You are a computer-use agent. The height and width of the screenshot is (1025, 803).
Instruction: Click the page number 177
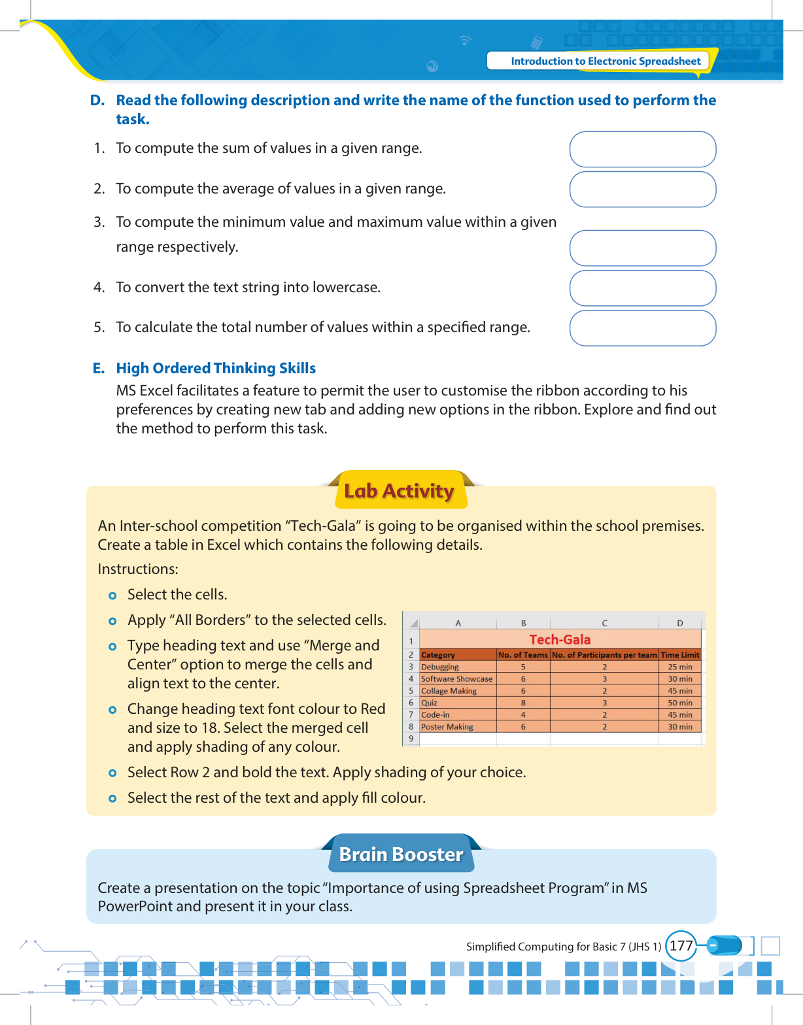[681, 946]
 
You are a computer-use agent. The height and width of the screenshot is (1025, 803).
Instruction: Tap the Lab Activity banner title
[399, 491]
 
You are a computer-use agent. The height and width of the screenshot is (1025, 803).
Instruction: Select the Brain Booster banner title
[401, 854]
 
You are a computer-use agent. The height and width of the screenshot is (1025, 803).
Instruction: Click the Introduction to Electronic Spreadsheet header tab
[605, 61]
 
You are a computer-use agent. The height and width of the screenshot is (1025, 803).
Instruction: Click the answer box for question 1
[643, 149]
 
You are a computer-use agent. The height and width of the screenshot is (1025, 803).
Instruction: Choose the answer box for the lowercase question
[643, 288]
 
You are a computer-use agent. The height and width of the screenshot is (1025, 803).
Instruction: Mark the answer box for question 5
[643, 328]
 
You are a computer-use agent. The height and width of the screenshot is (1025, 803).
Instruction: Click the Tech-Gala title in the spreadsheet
[560, 639]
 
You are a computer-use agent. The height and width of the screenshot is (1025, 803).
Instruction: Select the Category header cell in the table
[438, 655]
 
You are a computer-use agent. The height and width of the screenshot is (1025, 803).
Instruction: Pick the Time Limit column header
[679, 655]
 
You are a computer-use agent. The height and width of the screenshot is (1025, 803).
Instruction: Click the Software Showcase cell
[456, 679]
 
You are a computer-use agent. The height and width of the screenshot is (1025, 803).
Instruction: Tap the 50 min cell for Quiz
[679, 703]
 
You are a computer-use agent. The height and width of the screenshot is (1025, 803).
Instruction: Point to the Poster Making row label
[447, 727]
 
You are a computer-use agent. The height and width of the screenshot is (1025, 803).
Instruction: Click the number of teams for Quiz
[523, 703]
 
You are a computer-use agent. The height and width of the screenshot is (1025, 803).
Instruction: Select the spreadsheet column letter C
[604, 623]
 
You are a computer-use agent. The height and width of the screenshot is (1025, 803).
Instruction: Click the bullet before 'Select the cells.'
[112, 596]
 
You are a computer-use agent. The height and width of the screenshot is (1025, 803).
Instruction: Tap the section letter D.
[97, 100]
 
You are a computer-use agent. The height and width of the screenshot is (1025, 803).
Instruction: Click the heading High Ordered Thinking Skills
[216, 368]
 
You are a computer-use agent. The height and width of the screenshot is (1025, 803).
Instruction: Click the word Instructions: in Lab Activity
[138, 569]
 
